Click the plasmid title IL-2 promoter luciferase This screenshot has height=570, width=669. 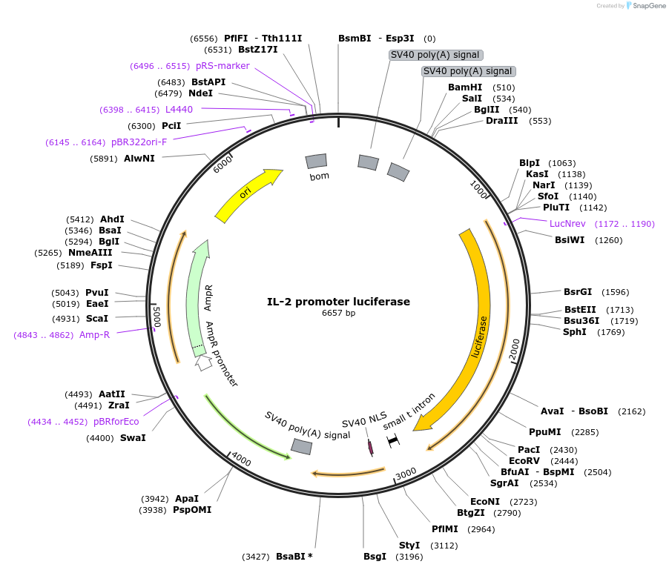(x=338, y=302)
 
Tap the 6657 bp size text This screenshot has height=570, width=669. (x=338, y=314)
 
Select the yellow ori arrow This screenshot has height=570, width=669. (x=248, y=194)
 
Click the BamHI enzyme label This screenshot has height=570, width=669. (x=465, y=87)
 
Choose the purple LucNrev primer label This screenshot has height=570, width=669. (x=567, y=223)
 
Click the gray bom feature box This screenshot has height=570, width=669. (x=317, y=161)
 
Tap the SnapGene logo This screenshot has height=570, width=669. (x=646, y=6)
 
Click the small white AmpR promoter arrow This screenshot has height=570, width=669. (x=202, y=362)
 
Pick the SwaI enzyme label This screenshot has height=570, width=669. (x=133, y=438)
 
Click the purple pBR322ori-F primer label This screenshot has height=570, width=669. (x=139, y=142)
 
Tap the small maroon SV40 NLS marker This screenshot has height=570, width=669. (x=370, y=446)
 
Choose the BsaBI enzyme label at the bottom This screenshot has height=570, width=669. (x=294, y=556)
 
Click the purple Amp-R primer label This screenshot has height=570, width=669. (x=95, y=335)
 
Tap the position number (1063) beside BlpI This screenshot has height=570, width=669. (x=561, y=163)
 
